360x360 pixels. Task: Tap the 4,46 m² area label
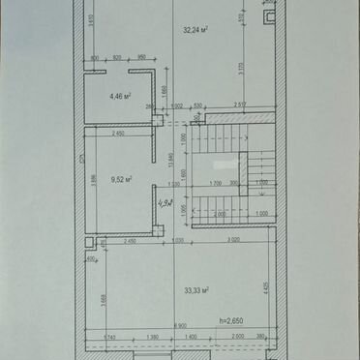(120, 97)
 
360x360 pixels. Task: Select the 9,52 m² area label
(121, 179)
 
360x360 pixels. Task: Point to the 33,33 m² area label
(197, 289)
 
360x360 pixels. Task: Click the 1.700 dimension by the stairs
(216, 182)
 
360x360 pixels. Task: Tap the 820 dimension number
(116, 58)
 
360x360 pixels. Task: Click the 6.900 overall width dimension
(180, 327)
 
